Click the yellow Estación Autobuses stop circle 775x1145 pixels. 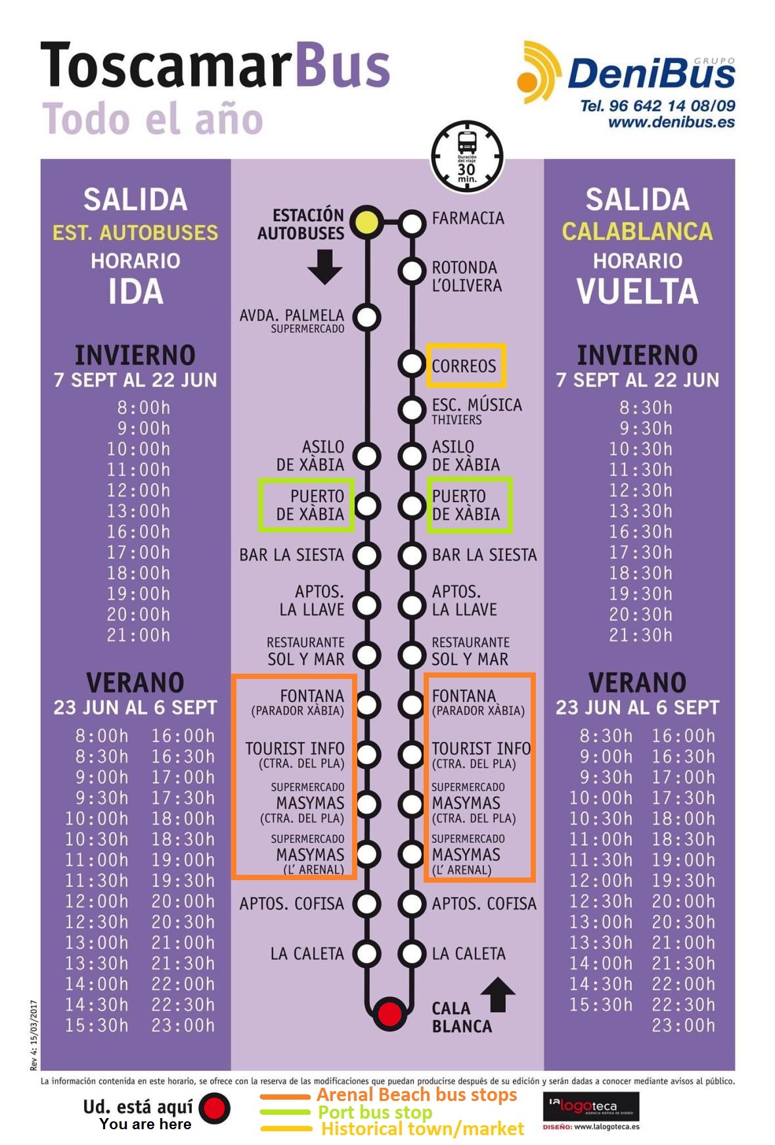(366, 222)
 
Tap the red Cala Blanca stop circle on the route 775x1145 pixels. (389, 1013)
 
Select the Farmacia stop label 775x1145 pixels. (468, 218)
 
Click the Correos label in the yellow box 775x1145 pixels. (464, 366)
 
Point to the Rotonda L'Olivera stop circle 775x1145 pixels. (412, 270)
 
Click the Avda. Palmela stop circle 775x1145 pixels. (366, 317)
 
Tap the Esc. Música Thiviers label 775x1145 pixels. (476, 411)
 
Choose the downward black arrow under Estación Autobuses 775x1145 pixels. (324, 266)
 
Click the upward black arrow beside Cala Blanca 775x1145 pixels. (498, 994)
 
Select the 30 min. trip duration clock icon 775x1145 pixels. (467, 156)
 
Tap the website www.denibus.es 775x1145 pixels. (671, 122)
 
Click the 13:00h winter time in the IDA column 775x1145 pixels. (139, 511)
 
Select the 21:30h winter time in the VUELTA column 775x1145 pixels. (640, 635)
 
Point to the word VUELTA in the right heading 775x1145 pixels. (637, 292)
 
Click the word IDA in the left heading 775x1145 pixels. (135, 292)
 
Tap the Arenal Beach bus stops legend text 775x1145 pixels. (416, 1094)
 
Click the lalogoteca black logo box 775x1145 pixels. (591, 1106)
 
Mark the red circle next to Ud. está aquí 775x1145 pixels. (214, 1108)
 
